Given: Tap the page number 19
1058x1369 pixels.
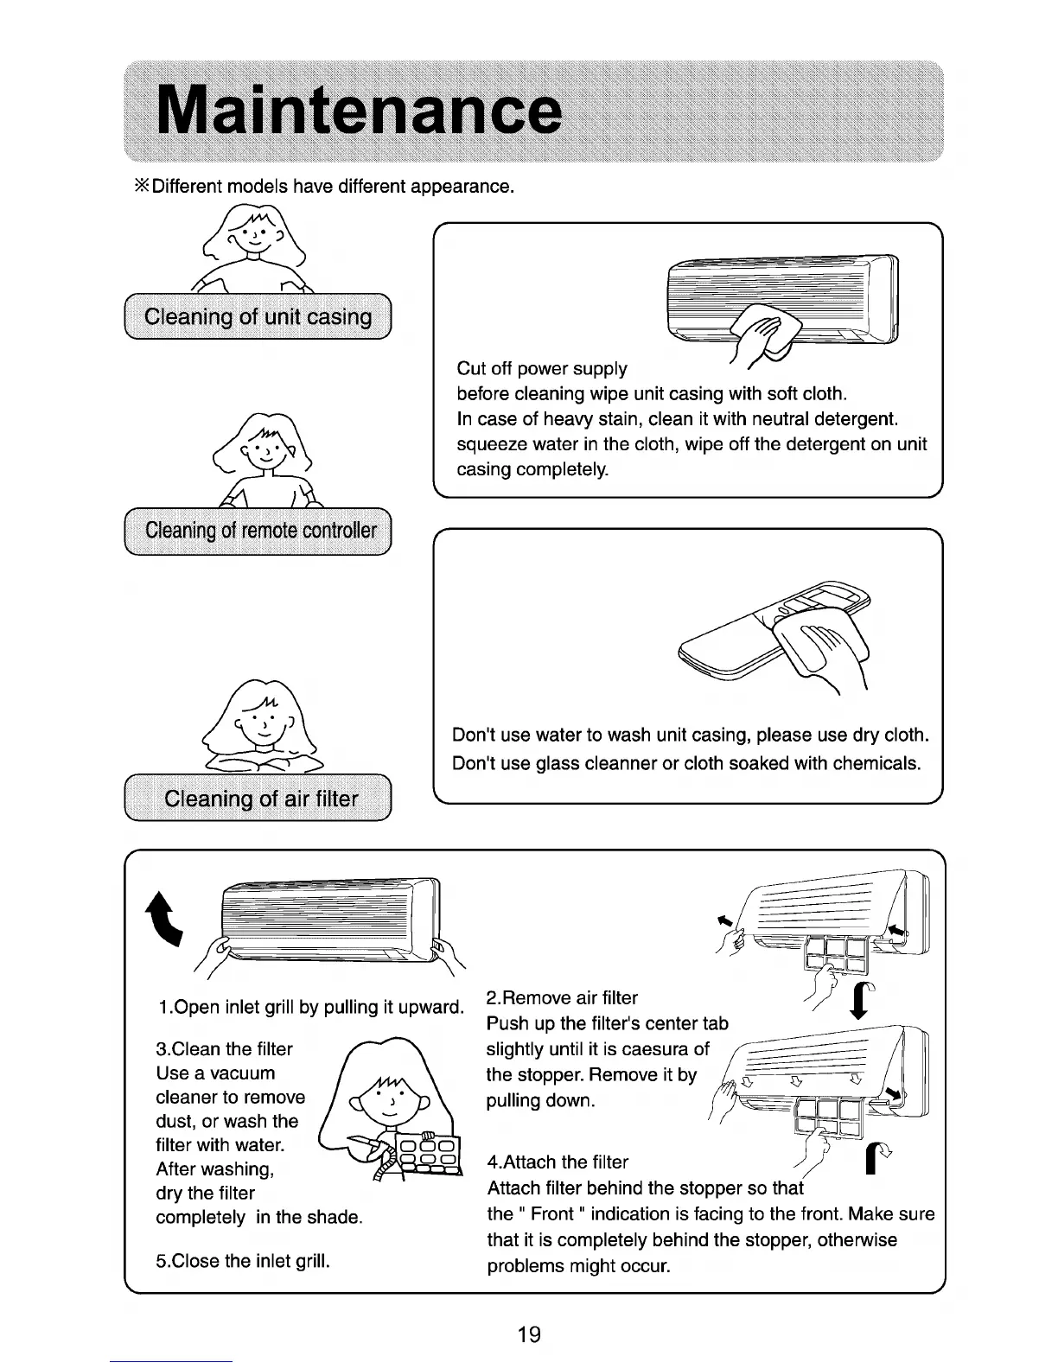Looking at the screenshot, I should click(x=528, y=1334).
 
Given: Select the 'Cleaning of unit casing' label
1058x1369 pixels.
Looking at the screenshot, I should click(x=258, y=317).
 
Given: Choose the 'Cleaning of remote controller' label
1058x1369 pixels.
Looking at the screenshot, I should click(x=260, y=530).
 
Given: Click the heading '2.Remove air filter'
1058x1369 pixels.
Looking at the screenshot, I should click(x=562, y=998).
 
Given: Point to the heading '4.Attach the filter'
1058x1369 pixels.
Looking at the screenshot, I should click(x=558, y=1162).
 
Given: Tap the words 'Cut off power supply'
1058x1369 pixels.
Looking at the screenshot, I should click(x=542, y=369).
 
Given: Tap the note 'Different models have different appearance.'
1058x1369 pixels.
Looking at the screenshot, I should click(x=326, y=187).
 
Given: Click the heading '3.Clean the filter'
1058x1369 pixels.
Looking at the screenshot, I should click(x=224, y=1049).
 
